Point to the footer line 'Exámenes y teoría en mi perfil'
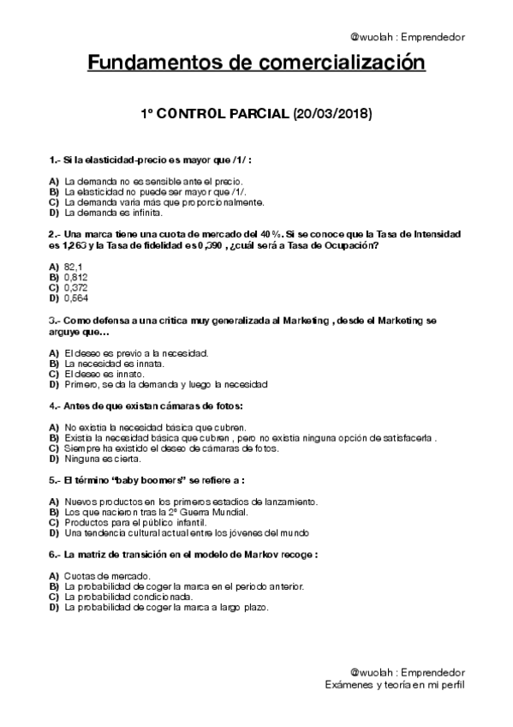[396, 685]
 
